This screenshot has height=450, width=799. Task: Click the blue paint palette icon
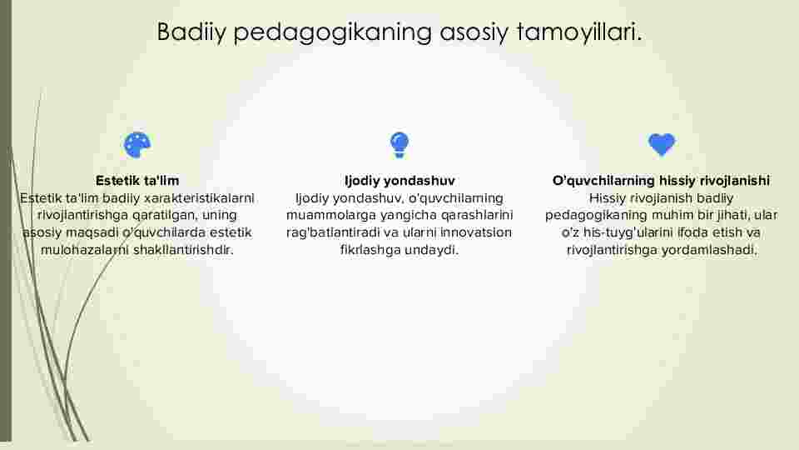click(x=137, y=145)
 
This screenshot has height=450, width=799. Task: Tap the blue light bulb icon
click(x=399, y=145)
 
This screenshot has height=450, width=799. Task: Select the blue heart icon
click(x=662, y=144)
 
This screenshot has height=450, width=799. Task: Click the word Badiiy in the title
click(x=191, y=32)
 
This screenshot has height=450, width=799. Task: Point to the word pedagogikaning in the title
click(x=333, y=32)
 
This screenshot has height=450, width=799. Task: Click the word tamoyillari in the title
click(x=579, y=32)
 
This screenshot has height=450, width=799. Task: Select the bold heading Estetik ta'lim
click(x=137, y=181)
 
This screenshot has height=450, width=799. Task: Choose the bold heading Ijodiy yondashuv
click(x=399, y=181)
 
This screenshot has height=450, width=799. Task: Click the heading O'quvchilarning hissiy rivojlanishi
click(x=662, y=181)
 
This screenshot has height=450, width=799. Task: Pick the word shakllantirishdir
click(x=183, y=250)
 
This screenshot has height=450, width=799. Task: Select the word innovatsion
click(x=476, y=232)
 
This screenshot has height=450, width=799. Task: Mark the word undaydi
click(x=432, y=250)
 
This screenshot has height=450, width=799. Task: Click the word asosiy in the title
click(x=474, y=32)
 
